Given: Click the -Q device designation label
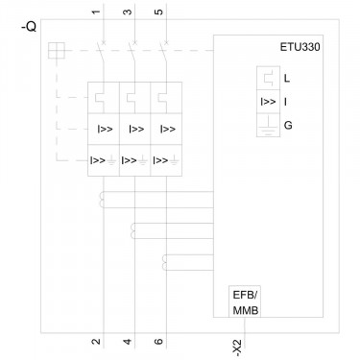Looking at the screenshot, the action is [29, 28].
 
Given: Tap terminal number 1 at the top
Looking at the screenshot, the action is [96, 12].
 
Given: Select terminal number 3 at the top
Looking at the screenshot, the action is [128, 12].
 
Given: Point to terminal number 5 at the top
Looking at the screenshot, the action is [158, 12].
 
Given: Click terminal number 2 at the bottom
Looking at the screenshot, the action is [96, 342].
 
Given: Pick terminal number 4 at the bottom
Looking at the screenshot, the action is [128, 342].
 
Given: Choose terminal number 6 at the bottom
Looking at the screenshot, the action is [158, 342].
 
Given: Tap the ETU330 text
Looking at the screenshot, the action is [300, 47].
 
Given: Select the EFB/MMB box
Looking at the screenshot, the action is [245, 301].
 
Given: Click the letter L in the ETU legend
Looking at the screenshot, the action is [287, 78].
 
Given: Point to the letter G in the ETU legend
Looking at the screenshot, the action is [288, 125].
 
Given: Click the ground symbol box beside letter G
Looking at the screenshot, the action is [268, 125].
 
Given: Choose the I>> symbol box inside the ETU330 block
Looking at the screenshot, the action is [268, 102].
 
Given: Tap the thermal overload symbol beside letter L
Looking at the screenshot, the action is [268, 78].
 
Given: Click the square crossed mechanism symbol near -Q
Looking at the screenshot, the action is [57, 51].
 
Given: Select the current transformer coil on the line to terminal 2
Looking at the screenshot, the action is [101, 200].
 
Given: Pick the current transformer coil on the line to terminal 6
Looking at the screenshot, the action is [164, 262].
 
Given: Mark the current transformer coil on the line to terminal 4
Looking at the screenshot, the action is [132, 231].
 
